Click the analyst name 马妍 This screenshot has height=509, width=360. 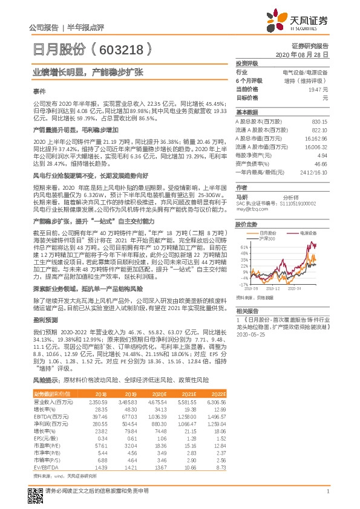click(x=241, y=196)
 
